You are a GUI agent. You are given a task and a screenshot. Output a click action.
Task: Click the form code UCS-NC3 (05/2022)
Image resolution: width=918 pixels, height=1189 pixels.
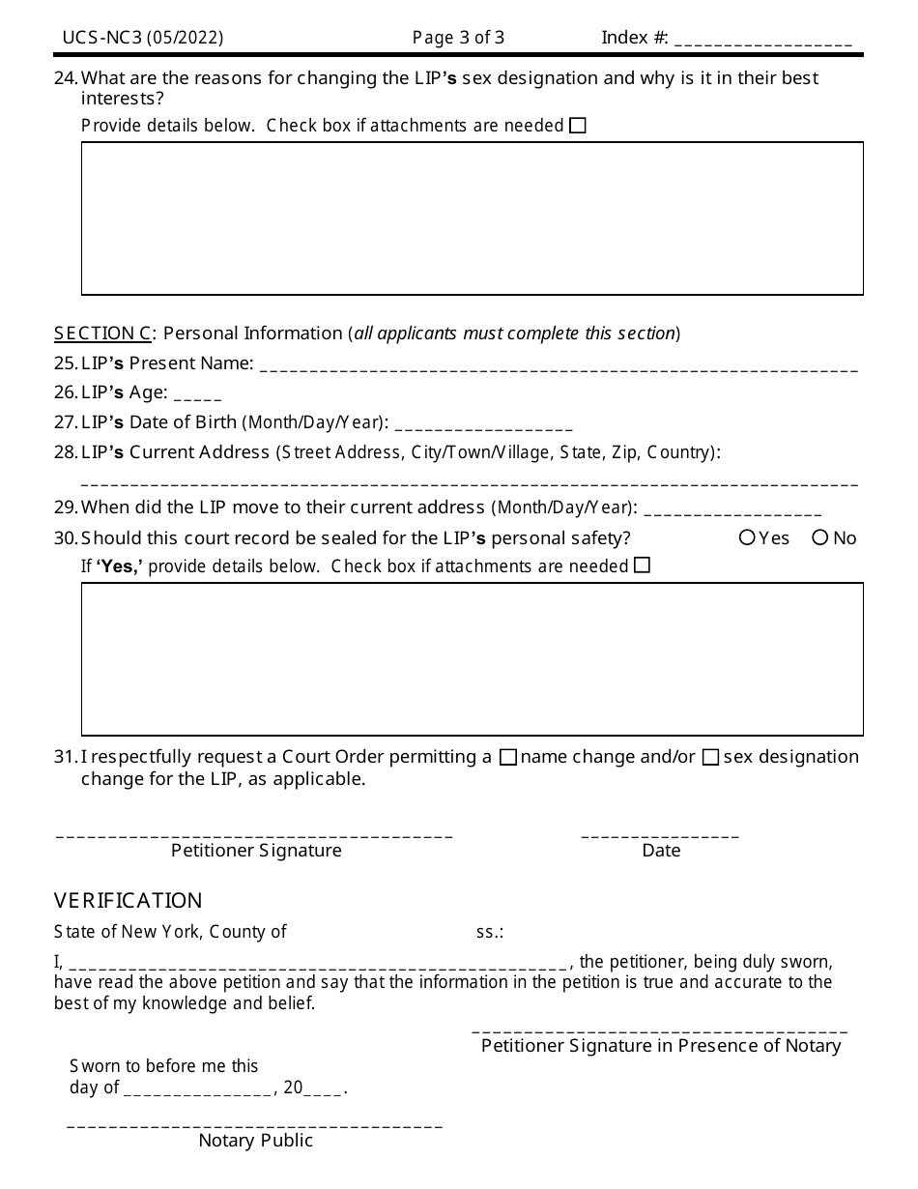pyautogui.click(x=143, y=38)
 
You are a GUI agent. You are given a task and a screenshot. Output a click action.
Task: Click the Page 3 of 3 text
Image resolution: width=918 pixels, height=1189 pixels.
pyautogui.click(x=458, y=38)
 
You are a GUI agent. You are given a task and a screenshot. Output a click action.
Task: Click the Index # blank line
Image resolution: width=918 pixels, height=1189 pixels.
pyautogui.click(x=762, y=42)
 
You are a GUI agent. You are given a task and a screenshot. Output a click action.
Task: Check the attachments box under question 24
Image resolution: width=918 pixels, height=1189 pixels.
pyautogui.click(x=578, y=126)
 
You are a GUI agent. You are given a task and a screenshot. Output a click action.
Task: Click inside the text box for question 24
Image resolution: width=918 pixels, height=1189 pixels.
pyautogui.click(x=472, y=218)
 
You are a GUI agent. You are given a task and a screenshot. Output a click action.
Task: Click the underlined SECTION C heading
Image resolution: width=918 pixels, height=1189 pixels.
pyautogui.click(x=102, y=333)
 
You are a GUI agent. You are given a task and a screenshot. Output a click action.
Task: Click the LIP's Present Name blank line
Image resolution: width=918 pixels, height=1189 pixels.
pyautogui.click(x=559, y=367)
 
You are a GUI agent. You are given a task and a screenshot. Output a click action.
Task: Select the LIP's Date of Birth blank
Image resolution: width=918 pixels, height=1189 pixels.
pyautogui.click(x=483, y=426)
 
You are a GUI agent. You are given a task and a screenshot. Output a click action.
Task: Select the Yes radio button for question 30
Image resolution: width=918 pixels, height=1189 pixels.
pyautogui.click(x=747, y=537)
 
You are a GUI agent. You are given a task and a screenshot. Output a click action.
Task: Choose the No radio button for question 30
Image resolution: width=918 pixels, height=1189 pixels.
pyautogui.click(x=820, y=537)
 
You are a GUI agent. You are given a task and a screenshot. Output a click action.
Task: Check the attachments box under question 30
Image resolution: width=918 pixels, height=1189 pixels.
pyautogui.click(x=643, y=565)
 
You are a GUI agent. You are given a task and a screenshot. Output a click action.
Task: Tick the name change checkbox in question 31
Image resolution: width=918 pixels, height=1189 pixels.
pyautogui.click(x=508, y=758)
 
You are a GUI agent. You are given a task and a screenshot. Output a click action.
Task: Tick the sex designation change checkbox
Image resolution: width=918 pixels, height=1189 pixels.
pyautogui.click(x=710, y=758)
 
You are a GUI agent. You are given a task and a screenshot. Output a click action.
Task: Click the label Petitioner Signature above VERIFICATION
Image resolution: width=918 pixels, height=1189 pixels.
pyautogui.click(x=256, y=851)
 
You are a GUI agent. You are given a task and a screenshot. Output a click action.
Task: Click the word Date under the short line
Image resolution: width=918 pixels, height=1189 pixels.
pyautogui.click(x=661, y=851)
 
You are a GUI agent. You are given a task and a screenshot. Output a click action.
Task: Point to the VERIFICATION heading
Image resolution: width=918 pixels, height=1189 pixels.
pyautogui.click(x=129, y=901)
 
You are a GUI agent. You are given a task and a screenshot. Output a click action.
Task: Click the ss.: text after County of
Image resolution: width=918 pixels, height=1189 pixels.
pyautogui.click(x=489, y=933)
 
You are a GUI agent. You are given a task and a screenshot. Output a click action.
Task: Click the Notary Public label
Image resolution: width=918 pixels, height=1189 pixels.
pyautogui.click(x=256, y=1141)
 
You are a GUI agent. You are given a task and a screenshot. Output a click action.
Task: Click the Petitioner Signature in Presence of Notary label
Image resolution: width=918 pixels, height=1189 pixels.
pyautogui.click(x=661, y=1045)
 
